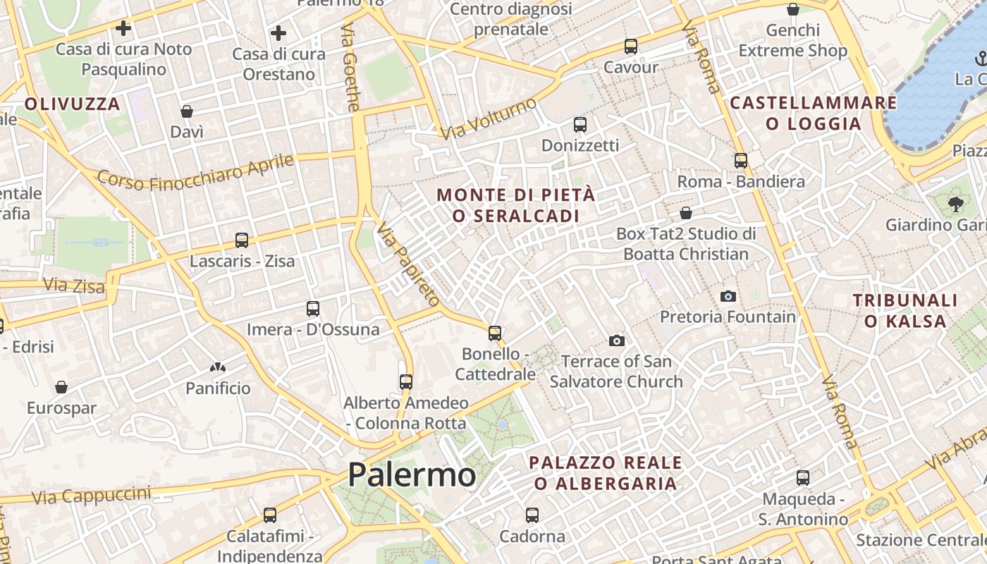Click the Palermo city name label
(412, 474)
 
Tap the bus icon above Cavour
(631, 47)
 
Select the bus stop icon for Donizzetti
(580, 125)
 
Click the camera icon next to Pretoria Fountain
(728, 296)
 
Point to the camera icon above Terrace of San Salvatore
(617, 341)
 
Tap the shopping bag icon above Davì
(187, 111)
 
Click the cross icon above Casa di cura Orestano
(278, 33)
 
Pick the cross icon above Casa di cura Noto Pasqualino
(123, 28)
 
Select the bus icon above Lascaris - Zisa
(242, 240)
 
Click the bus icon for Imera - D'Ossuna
(313, 309)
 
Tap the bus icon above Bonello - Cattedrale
(495, 333)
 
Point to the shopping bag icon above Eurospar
(61, 387)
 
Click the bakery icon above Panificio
(217, 367)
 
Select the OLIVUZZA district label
(73, 104)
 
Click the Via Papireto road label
(407, 264)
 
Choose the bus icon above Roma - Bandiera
(740, 161)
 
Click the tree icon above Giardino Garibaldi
(955, 204)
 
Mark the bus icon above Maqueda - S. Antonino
(803, 478)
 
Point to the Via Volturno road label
(488, 118)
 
